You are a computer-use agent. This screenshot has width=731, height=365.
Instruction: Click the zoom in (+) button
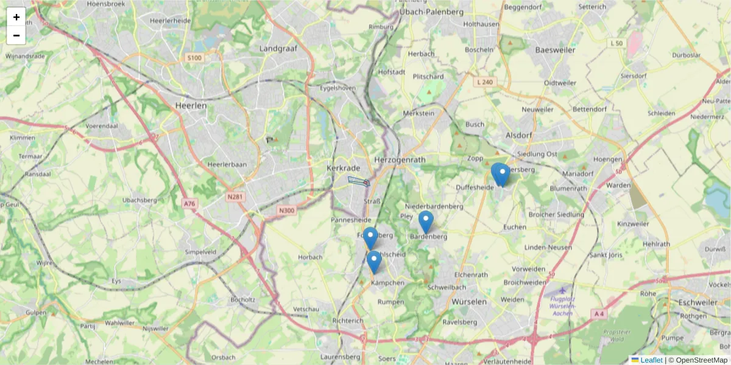[16, 17]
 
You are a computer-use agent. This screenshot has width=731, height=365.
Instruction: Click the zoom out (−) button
[16, 35]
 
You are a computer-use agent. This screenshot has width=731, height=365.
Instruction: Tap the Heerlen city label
[191, 105]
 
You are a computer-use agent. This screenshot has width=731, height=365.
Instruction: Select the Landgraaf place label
[277, 48]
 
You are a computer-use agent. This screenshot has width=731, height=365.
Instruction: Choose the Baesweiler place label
[554, 50]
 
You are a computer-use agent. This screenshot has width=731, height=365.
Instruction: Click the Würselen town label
[470, 302]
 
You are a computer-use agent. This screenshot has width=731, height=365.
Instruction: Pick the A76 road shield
[189, 204]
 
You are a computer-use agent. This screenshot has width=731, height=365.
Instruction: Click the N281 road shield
[235, 196]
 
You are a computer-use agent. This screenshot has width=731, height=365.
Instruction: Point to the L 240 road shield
[485, 82]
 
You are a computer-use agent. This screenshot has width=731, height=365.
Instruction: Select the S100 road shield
[194, 58]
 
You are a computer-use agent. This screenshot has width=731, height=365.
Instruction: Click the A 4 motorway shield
[599, 314]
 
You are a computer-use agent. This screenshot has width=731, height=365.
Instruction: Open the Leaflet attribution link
[651, 360]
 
